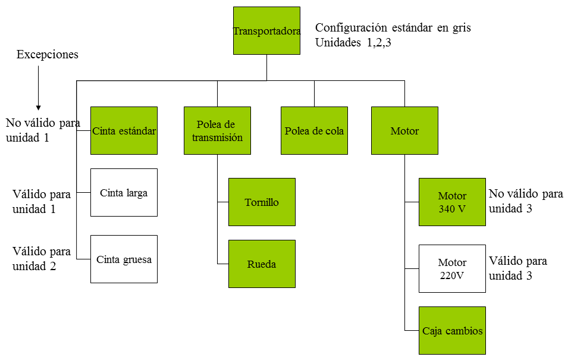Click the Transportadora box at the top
coord(266,30)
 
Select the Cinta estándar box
coord(124,130)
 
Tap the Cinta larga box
coord(124,192)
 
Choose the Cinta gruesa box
coord(124,259)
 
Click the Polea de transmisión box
coord(218,130)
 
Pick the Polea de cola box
coord(314,130)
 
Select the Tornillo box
coord(262,202)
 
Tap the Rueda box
coord(262,264)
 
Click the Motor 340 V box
coord(452,202)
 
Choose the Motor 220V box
coord(452,268)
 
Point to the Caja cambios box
coord(452,330)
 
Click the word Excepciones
coord(48,54)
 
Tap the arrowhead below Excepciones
coord(38,108)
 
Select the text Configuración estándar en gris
coord(393,28)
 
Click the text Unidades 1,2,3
coord(353,43)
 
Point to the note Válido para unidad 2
coord(42,259)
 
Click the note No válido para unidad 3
coord(526,201)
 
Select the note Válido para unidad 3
coord(518,268)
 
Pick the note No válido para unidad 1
coord(43,130)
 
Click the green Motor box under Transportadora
coord(404,130)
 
